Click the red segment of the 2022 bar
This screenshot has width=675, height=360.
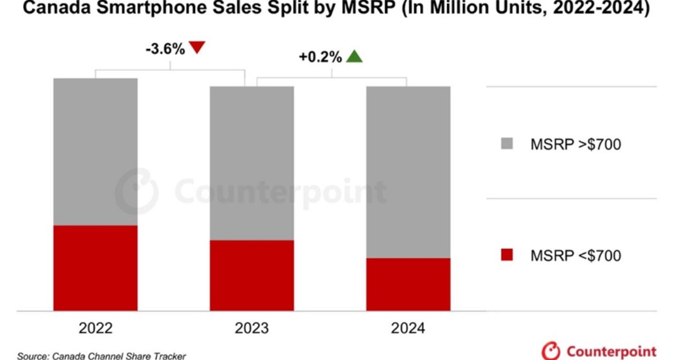point(96,268)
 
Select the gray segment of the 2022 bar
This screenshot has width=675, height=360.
point(96,152)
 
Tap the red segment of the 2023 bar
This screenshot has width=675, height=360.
point(252,275)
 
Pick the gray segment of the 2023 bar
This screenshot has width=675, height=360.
point(252,163)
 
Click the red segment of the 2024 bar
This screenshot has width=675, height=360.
point(408,284)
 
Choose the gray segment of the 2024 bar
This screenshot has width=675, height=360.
point(408,172)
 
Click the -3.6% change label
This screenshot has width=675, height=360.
point(165,49)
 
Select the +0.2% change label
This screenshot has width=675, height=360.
point(321,57)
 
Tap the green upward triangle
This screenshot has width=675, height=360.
point(354,56)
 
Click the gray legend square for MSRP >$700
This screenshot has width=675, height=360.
point(506,145)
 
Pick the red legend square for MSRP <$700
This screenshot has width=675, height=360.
point(506,255)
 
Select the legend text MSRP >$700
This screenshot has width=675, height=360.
point(575,145)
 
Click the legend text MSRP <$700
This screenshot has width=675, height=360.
point(575,256)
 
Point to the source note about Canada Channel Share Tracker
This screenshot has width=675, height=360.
point(101,355)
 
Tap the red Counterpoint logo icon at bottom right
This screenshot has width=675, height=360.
point(551,351)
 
